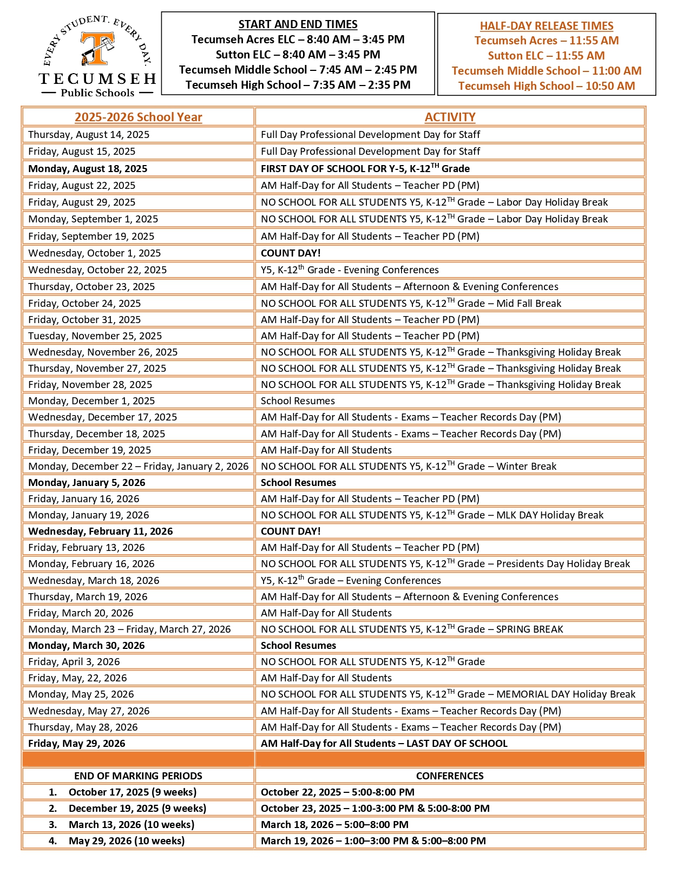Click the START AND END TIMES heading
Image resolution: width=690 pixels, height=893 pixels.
pyautogui.click(x=298, y=24)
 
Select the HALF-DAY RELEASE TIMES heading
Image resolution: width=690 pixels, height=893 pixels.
pyautogui.click(x=547, y=26)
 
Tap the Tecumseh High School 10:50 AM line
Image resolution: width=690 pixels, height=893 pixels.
pyautogui.click(x=547, y=86)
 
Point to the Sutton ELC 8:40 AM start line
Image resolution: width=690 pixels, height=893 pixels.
pyautogui.click(x=298, y=55)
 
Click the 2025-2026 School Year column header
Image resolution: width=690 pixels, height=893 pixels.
pyautogui.click(x=138, y=117)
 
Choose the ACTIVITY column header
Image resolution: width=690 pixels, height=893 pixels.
pyautogui.click(x=450, y=117)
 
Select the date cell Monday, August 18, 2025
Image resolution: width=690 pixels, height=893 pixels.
pyautogui.click(x=88, y=169)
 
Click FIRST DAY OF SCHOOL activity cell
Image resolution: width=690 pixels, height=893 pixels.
pyautogui.click(x=365, y=169)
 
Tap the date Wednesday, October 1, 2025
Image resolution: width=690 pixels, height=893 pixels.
pyautogui.click(x=94, y=253)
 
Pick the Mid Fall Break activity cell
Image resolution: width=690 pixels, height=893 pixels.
pyautogui.click(x=411, y=304)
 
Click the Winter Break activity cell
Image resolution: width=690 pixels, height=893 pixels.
pyautogui.click(x=409, y=467)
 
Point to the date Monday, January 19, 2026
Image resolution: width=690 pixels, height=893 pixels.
pyautogui.click(x=88, y=515)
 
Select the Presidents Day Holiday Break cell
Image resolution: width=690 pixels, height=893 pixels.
pyautogui.click(x=445, y=564)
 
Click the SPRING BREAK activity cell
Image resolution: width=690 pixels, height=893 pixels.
pyautogui.click(x=412, y=629)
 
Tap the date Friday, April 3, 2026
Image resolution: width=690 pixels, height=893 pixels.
pyautogui.click(x=74, y=662)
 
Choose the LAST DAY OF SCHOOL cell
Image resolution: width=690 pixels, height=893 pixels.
pyautogui.click(x=384, y=744)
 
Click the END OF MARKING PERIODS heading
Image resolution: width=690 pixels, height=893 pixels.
pyautogui.click(x=138, y=776)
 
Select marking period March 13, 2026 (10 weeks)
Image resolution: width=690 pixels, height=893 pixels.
pyautogui.click(x=132, y=825)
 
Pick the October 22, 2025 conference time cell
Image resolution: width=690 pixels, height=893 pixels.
pyautogui.click(x=338, y=792)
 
